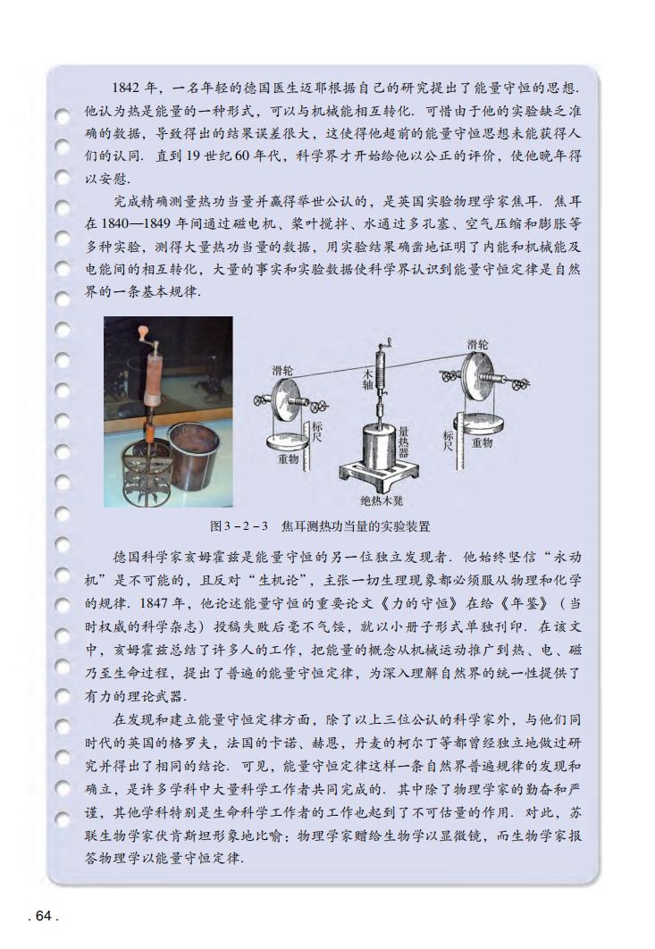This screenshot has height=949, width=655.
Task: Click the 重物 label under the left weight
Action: [x=289, y=460]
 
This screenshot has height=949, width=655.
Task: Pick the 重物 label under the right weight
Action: [x=483, y=443]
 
